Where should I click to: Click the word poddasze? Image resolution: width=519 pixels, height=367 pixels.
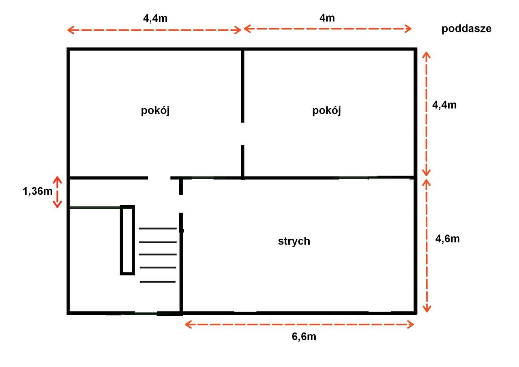point(466,29)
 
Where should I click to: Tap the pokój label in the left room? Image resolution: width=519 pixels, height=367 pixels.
point(155,111)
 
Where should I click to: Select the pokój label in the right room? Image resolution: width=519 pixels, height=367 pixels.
point(326,111)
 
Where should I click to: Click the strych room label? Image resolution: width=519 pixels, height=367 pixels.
point(294,241)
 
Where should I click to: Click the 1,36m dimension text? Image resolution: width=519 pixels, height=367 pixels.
point(37,191)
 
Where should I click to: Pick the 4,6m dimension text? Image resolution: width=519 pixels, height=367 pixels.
point(447,239)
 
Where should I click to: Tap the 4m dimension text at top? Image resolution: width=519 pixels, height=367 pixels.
point(327,18)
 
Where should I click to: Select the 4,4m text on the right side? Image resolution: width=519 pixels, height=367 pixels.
point(444,105)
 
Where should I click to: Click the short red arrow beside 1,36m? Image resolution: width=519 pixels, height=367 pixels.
point(58,192)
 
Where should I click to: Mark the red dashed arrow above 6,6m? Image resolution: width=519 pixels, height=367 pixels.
point(299,324)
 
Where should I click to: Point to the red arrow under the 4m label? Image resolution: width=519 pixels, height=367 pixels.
point(328,28)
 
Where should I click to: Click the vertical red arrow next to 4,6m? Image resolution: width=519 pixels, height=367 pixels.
point(426,245)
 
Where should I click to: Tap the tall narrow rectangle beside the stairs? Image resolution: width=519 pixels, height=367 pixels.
point(127,240)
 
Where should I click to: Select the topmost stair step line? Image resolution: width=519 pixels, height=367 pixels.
point(158,229)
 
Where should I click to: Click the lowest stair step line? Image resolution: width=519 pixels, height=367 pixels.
point(158,281)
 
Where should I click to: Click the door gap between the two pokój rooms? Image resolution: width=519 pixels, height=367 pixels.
point(243,133)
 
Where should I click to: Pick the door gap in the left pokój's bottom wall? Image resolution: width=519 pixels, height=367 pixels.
point(159,178)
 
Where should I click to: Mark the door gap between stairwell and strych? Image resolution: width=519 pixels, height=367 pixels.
point(181,204)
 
